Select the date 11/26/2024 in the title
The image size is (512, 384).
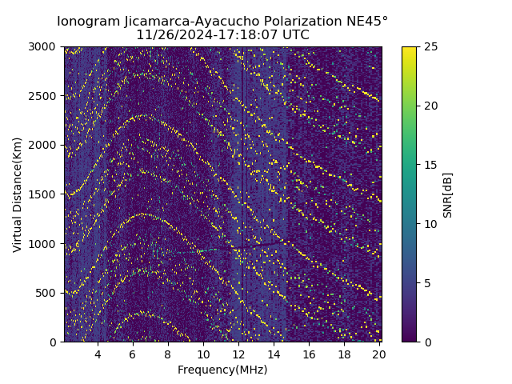[x=170, y=35]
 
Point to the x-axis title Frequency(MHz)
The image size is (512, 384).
[x=222, y=370]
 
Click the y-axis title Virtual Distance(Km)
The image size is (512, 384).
[x=18, y=194]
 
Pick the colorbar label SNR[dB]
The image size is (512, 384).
[x=448, y=194]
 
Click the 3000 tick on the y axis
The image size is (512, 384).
[x=45, y=47]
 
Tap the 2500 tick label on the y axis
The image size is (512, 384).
[x=45, y=96]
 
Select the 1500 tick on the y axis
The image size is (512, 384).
[x=45, y=194]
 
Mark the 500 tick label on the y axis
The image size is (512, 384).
[x=48, y=293]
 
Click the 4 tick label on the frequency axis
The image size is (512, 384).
[x=98, y=354]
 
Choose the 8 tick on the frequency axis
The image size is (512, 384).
[x=168, y=354]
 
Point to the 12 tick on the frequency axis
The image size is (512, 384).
[x=238, y=354]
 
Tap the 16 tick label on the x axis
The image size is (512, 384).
[x=309, y=354]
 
